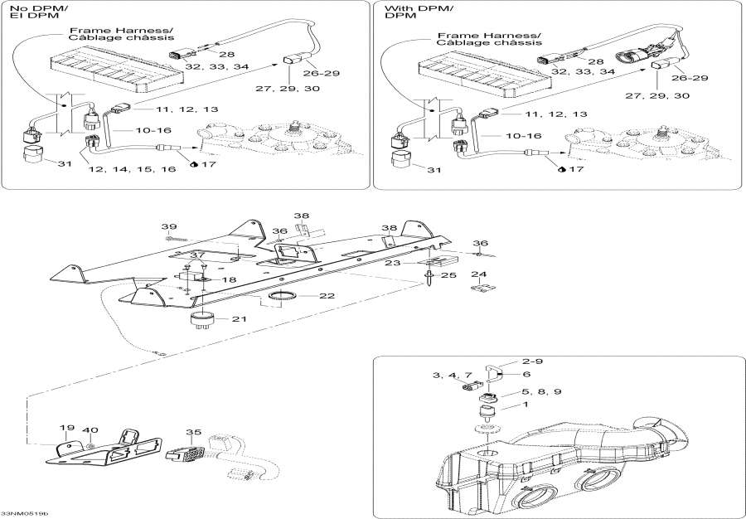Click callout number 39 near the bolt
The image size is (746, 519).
click(x=169, y=227)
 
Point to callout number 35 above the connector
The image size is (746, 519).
click(x=193, y=432)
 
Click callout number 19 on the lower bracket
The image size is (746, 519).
click(x=67, y=429)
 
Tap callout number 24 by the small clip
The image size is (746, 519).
click(x=478, y=274)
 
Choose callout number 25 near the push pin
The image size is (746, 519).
click(x=448, y=274)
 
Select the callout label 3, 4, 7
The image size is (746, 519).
click(x=453, y=376)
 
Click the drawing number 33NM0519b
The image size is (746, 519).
click(x=25, y=512)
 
